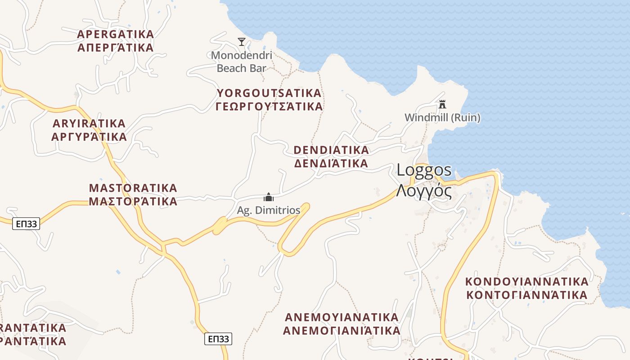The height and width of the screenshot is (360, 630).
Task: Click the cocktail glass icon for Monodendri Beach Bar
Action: pyautogui.click(x=242, y=42)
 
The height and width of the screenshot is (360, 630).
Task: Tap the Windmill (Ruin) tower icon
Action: pyautogui.click(x=442, y=104)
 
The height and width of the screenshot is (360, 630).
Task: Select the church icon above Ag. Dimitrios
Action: pyautogui.click(x=269, y=197)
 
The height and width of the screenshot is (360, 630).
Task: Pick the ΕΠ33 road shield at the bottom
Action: pyautogui.click(x=218, y=339)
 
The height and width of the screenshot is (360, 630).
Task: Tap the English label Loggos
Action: pyautogui.click(x=424, y=170)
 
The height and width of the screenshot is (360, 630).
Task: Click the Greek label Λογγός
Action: pyautogui.click(x=424, y=191)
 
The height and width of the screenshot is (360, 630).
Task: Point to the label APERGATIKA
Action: pyautogui.click(x=116, y=34)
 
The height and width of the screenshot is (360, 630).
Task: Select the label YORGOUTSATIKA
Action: pyautogui.click(x=269, y=93)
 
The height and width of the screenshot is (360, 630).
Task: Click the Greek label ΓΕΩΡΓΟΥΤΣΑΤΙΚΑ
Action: pyautogui.click(x=269, y=107)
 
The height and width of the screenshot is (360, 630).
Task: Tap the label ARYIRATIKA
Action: pyautogui.click(x=89, y=123)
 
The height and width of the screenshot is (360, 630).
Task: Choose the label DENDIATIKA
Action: pyautogui.click(x=331, y=150)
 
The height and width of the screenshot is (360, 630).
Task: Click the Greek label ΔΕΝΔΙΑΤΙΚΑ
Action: pyautogui.click(x=331, y=163)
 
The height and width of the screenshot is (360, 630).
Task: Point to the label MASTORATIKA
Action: pyautogui.click(x=133, y=188)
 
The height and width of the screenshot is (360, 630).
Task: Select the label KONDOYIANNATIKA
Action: pyautogui.click(x=526, y=282)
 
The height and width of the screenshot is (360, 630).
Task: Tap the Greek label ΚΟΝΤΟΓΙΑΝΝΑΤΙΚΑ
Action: pyautogui.click(x=526, y=295)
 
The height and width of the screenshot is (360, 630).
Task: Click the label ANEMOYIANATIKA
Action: pyautogui.click(x=342, y=317)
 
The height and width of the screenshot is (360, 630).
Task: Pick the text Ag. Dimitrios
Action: pyautogui.click(x=269, y=210)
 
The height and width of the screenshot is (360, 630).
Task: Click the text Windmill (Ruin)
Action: pyautogui.click(x=442, y=118)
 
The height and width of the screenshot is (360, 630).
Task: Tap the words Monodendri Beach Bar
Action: pyautogui.click(x=242, y=62)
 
